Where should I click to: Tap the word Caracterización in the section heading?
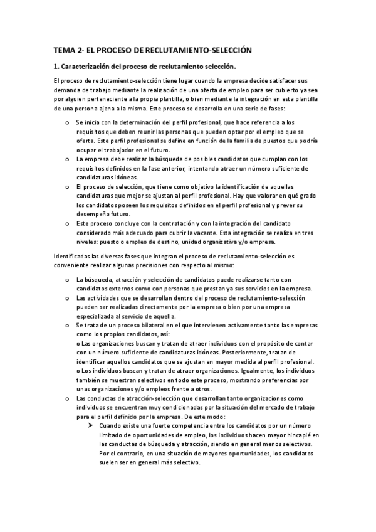tap(93, 66)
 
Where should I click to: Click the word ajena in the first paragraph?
tap(114, 108)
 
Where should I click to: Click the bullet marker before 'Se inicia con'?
tap(67, 122)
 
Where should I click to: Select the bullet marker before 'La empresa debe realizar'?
tap(67, 159)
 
